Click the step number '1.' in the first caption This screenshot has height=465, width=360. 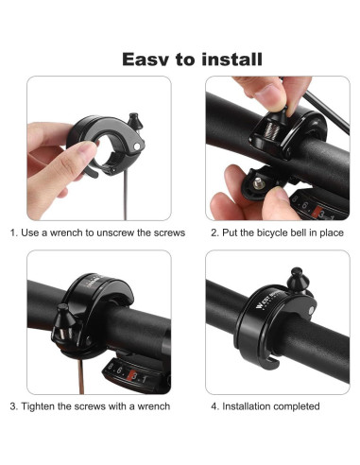14,232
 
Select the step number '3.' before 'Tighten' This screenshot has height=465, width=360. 14,406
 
